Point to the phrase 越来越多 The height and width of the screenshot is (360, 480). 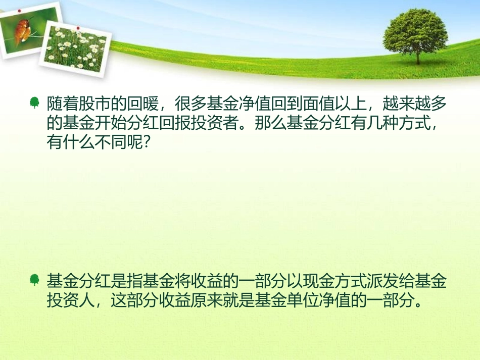coord(415,104)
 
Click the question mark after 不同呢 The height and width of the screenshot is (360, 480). coord(146,143)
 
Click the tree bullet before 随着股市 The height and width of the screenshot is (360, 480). coord(34,104)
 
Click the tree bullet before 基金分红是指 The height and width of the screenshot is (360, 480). coord(34,280)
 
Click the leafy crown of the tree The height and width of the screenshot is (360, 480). coord(415,29)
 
